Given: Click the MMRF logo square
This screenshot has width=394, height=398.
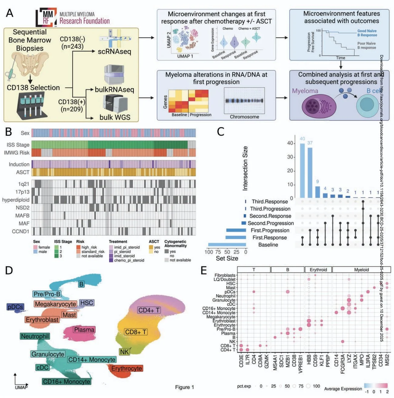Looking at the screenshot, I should [46, 17].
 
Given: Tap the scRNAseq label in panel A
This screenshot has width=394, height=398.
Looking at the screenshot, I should [114, 52].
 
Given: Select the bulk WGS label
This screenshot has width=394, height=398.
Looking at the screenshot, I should [115, 117].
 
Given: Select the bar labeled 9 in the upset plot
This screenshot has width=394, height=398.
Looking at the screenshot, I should [317, 192].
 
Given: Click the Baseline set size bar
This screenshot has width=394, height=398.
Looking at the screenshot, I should [227, 245].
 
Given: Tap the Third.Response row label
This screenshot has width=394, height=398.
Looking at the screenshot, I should [269, 202].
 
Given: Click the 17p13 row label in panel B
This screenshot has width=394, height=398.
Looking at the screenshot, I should [22, 192].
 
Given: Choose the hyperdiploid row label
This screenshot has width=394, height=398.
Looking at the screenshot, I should [16, 200].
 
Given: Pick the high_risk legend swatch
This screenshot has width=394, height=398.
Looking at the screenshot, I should [78, 247].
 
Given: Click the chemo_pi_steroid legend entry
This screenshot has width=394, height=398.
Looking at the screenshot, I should [129, 260].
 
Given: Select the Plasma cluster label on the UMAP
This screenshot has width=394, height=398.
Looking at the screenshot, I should [84, 330].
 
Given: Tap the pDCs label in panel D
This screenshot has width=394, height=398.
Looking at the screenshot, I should [15, 307].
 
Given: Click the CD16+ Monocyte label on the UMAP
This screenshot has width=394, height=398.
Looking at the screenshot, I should [66, 382].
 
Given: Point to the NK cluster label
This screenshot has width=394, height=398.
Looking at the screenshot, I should [124, 352].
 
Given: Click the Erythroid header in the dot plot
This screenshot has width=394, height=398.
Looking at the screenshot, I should [318, 270].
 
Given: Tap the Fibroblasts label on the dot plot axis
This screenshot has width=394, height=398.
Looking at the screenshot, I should [225, 275].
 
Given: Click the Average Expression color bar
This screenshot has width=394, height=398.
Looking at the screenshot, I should [376, 386].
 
